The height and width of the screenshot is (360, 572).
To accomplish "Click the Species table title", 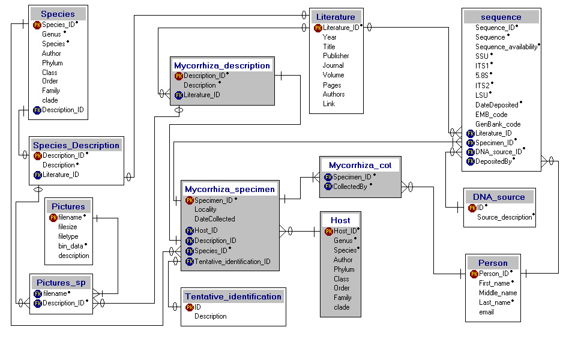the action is (x=58, y=14).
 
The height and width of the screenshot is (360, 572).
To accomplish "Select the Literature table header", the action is (x=336, y=17).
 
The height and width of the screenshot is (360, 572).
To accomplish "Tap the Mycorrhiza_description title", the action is (x=222, y=65).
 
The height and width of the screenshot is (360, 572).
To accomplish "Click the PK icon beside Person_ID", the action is (x=474, y=274).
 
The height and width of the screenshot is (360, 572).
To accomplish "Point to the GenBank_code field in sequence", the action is (x=498, y=124).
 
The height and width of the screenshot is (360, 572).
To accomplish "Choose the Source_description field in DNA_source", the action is (x=505, y=217).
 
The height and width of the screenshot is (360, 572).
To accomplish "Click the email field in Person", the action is (x=486, y=312).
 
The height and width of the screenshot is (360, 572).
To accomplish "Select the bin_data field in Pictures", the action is (x=71, y=246).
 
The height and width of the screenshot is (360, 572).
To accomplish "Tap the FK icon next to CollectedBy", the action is (x=328, y=187).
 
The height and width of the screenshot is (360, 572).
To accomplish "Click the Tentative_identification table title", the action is (x=233, y=296).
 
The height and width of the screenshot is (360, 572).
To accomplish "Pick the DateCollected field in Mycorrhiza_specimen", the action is (x=214, y=219).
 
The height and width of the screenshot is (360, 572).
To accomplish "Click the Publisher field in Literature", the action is (x=336, y=56).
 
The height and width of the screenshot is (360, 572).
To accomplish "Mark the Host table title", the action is (x=340, y=220).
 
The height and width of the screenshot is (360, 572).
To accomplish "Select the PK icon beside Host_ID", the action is (x=329, y=231).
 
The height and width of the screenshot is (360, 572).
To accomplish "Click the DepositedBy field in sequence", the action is (x=493, y=161).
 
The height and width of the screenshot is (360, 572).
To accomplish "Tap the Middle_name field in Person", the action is (x=498, y=293).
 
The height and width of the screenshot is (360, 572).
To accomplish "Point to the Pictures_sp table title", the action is (x=61, y=283).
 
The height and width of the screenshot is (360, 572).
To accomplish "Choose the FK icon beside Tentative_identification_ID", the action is (x=189, y=262).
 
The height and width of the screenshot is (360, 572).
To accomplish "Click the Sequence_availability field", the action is (x=507, y=47).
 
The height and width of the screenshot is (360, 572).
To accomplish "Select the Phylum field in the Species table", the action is (x=52, y=63).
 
